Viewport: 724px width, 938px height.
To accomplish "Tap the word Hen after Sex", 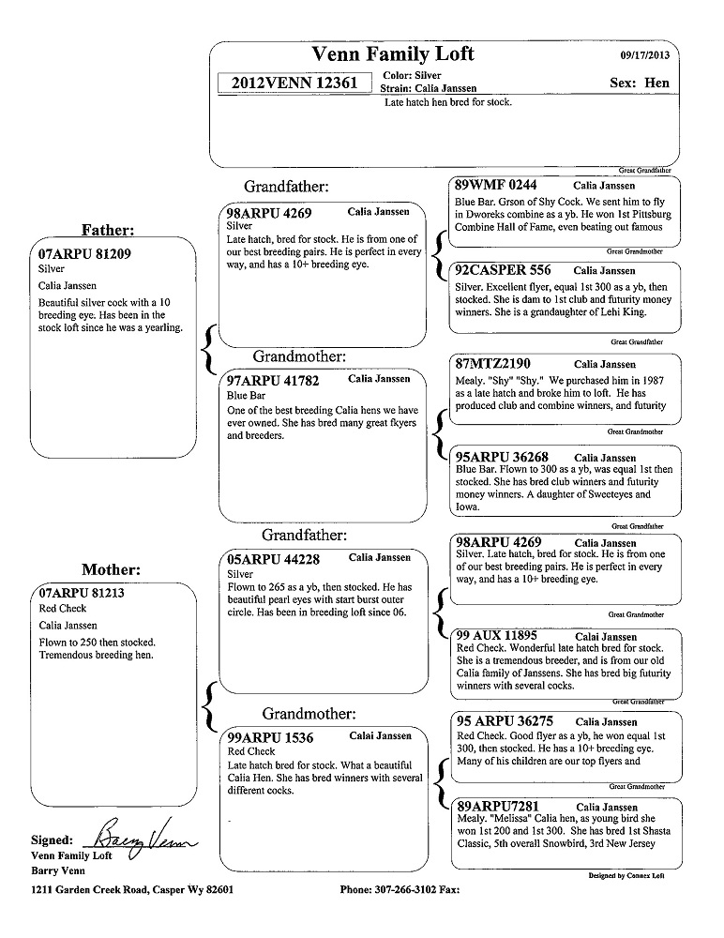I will tap(657, 83).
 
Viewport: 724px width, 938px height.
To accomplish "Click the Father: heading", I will tap(108, 230).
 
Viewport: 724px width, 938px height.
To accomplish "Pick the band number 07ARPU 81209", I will tap(84, 253).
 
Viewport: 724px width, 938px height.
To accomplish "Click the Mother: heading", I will tap(111, 569).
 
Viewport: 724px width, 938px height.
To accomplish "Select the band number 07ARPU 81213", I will tap(83, 593).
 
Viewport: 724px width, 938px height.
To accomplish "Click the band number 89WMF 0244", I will tap(496, 186).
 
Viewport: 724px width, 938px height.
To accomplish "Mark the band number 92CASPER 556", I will tap(503, 270).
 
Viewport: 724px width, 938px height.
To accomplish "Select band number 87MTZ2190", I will tap(492, 364).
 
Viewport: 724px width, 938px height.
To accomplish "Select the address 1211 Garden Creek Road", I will tap(91, 889).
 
